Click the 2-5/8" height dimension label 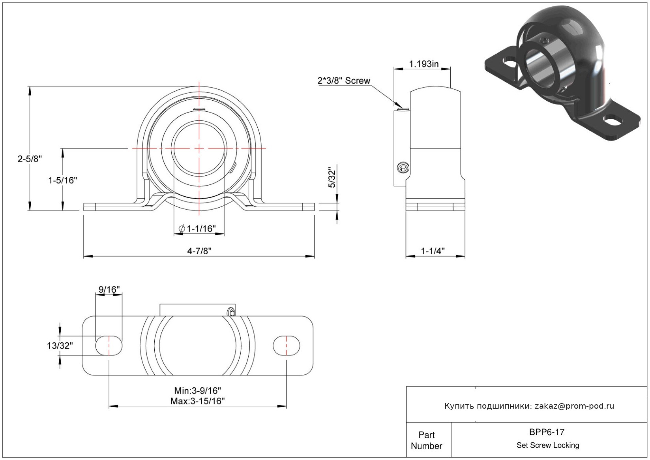30,159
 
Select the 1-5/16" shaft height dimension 62,180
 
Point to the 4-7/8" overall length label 199,251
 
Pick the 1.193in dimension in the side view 424,64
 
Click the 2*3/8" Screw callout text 344,81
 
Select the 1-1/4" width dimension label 433,251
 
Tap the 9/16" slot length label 109,289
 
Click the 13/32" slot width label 60,346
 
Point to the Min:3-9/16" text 198,391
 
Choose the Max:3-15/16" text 198,401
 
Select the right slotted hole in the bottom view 287,345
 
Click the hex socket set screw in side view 403,168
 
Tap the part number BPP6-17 547,432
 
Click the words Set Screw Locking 548,445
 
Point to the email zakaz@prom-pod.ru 574,406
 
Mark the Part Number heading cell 427,440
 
